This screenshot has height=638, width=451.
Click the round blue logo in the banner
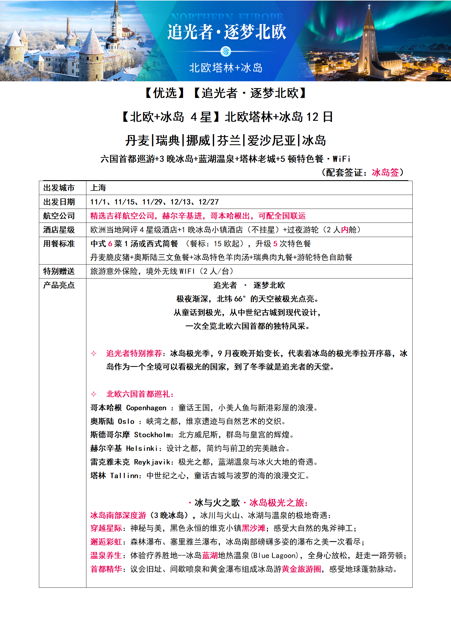pyautogui.click(x=226, y=51)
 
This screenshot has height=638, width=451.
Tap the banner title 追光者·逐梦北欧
pyautogui.click(x=226, y=32)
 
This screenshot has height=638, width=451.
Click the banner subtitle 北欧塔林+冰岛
pyautogui.click(x=226, y=68)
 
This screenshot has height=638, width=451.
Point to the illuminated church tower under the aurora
pyautogui.click(x=369, y=43)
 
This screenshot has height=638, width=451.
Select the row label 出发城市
pyautogui.click(x=59, y=188)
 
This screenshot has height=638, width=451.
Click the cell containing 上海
pyautogui.click(x=98, y=188)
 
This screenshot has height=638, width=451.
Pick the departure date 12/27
pyautogui.click(x=209, y=202)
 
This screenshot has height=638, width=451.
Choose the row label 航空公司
pyautogui.click(x=59, y=216)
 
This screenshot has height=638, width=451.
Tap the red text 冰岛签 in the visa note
pyautogui.click(x=385, y=172)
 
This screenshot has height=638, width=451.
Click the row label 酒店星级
pyautogui.click(x=59, y=230)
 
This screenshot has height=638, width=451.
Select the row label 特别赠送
pyautogui.click(x=59, y=271)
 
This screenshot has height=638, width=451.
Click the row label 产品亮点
pyautogui.click(x=59, y=285)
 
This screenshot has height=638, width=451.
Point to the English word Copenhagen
pyautogui.click(x=146, y=408)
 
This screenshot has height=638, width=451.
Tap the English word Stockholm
pyautogui.click(x=153, y=435)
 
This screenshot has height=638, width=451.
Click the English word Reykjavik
pyautogui.click(x=152, y=462)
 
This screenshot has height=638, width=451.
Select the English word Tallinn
pyautogui.click(x=124, y=476)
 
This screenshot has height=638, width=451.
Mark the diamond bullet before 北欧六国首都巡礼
pyautogui.click(x=93, y=394)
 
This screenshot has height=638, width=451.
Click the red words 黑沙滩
pyautogui.click(x=253, y=528)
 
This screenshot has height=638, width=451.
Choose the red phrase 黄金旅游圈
pyautogui.click(x=301, y=569)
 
